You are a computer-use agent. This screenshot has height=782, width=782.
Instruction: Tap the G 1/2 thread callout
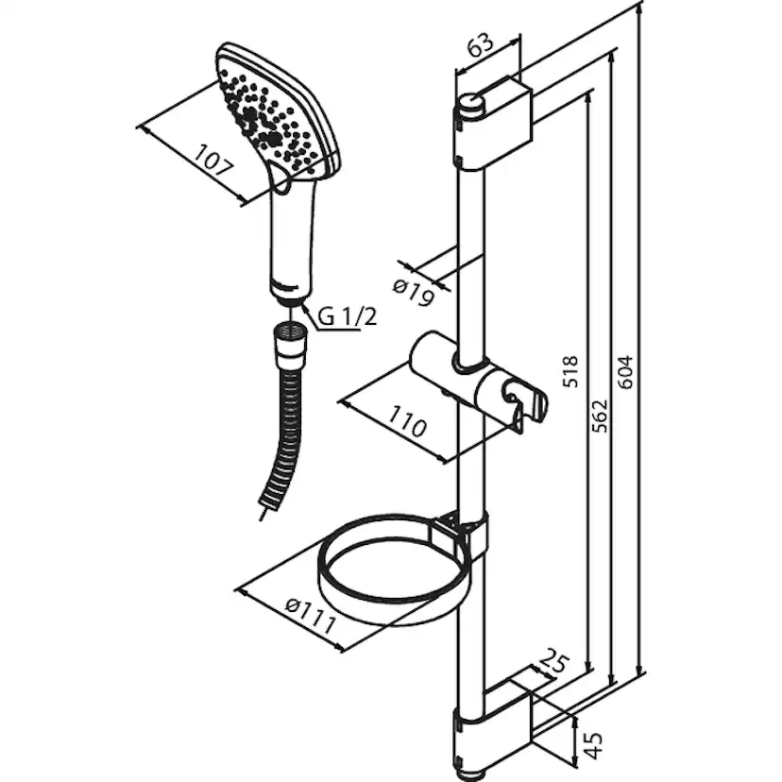(x=348, y=316)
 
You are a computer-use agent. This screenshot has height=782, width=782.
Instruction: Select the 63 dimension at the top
(x=481, y=46)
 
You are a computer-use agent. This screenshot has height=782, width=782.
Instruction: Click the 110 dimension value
(x=407, y=421)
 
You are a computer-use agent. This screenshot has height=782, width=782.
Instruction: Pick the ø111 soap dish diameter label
(x=310, y=617)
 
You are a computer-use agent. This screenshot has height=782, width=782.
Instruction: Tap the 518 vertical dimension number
(x=569, y=370)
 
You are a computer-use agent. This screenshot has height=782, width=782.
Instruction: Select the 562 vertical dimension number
(x=600, y=416)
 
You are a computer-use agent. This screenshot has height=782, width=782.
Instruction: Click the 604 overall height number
(x=624, y=372)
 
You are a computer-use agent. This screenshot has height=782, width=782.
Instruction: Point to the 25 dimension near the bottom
(x=554, y=661)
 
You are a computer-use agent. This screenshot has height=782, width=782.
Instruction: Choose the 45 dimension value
(x=593, y=745)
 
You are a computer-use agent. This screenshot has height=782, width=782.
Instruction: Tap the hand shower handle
(x=293, y=239)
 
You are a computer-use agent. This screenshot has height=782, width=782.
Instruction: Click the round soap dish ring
(x=394, y=569)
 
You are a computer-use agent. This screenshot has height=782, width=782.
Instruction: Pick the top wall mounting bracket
(x=494, y=125)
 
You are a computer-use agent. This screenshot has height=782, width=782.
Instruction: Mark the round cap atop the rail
(x=469, y=106)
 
